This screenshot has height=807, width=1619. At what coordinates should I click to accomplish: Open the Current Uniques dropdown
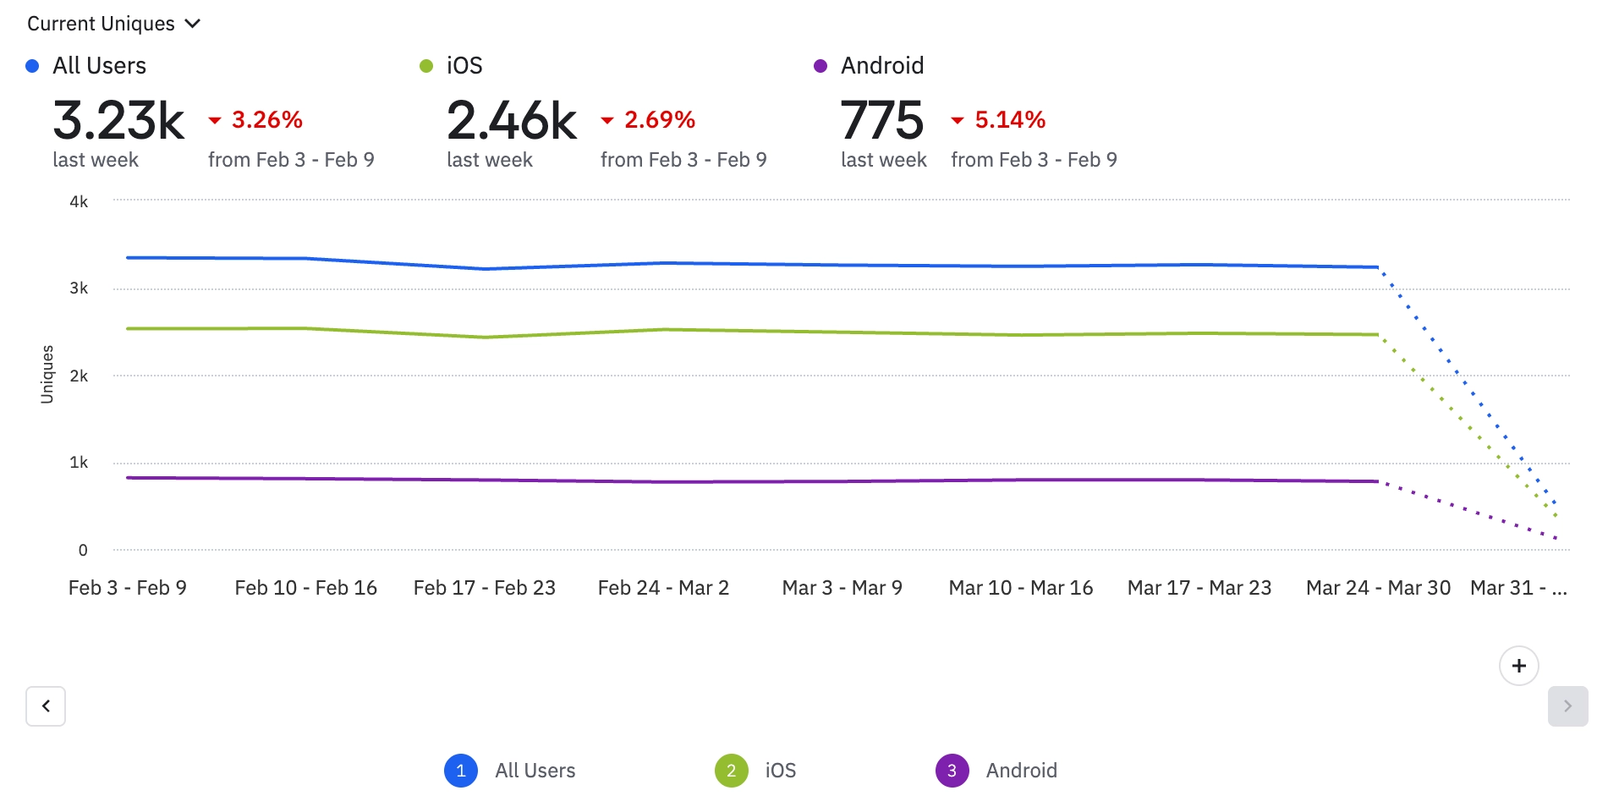pyautogui.click(x=113, y=24)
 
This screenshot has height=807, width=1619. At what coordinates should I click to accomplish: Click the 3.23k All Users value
pyautogui.click(x=118, y=120)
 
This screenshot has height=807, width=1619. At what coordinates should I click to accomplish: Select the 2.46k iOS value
pyautogui.click(x=512, y=120)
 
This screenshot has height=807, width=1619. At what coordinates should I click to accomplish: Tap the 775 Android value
pyautogui.click(x=881, y=120)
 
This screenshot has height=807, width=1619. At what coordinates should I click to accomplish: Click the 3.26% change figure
pyautogui.click(x=266, y=120)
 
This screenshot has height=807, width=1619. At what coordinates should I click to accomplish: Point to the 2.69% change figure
pyautogui.click(x=659, y=120)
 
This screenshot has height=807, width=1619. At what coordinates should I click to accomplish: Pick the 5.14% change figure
pyautogui.click(x=1009, y=120)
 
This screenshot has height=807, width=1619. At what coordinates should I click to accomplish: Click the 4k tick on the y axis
pyautogui.click(x=79, y=201)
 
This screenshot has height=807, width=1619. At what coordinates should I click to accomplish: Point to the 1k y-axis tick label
pyautogui.click(x=79, y=463)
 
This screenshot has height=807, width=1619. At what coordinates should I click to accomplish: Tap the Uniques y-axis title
pyautogui.click(x=47, y=374)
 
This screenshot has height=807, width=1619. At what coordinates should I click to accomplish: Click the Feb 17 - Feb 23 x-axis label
pyautogui.click(x=484, y=588)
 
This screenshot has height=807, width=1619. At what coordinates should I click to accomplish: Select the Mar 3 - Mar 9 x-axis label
pyautogui.click(x=842, y=588)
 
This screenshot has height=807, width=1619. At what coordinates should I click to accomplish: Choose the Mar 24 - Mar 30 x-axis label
pyautogui.click(x=1378, y=588)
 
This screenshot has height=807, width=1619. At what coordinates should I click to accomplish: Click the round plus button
pyautogui.click(x=1518, y=666)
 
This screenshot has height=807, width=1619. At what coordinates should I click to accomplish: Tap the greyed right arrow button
pyautogui.click(x=1567, y=706)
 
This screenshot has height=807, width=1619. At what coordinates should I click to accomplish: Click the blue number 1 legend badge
pyautogui.click(x=461, y=771)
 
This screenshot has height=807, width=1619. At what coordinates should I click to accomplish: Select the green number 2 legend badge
pyautogui.click(x=731, y=771)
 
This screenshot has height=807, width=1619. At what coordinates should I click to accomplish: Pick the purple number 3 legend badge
pyautogui.click(x=952, y=771)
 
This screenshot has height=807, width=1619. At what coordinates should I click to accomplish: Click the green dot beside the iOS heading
pyautogui.click(x=426, y=66)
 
